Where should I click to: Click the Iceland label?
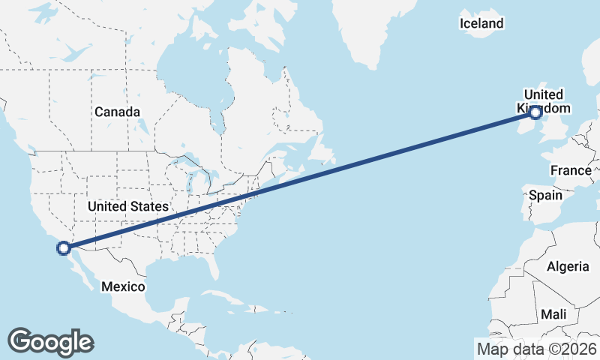tap(481, 24)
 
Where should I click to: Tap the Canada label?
tap(117, 112)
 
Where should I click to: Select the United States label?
tap(127, 205)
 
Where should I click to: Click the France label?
tap(570, 170)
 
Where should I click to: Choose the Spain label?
tap(545, 195)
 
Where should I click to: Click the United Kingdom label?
tap(542, 100)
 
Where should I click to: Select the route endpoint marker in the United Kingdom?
tap(535, 112)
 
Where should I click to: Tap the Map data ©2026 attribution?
tap(537, 349)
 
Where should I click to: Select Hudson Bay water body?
tap(191, 82)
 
